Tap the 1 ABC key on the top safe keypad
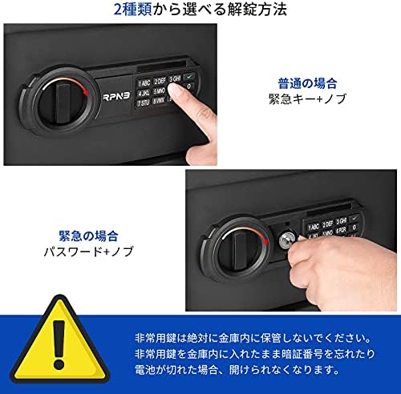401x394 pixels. point(144,82)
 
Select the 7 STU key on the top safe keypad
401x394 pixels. point(144,103)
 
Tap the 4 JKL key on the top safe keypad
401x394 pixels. point(144,93)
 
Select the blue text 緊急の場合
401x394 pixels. point(90,235)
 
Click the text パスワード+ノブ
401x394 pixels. point(90,251)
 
